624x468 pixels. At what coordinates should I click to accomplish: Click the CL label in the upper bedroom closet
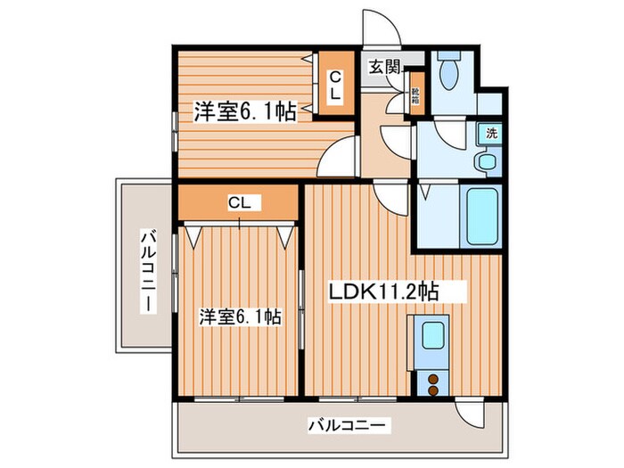pos(334,86)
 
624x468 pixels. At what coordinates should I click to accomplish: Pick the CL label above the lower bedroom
pos(238,203)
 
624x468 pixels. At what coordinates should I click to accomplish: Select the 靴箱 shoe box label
pos(415,94)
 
